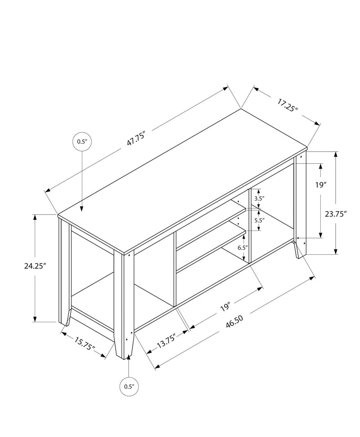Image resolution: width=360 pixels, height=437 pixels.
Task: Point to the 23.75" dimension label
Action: [x=335, y=214]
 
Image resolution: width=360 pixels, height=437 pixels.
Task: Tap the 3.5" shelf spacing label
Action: [x=259, y=198]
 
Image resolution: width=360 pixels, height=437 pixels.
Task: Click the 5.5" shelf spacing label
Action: [x=259, y=220]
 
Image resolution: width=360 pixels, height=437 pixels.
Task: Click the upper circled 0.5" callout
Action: [x=81, y=141]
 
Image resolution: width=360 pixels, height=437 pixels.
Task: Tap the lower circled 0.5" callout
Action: [x=129, y=386]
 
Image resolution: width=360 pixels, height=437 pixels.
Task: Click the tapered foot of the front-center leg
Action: [x=124, y=349]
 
